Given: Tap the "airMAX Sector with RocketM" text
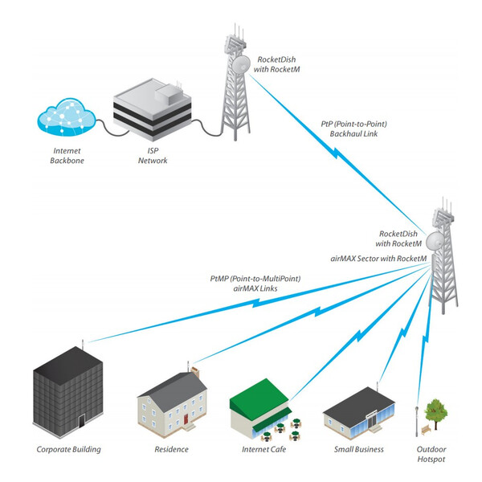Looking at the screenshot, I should click(377, 259).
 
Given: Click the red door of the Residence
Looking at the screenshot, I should click(184, 419).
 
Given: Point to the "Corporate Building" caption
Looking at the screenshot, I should click(69, 450).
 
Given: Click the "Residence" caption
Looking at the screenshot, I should click(171, 450).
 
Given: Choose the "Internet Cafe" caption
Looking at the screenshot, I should click(264, 450).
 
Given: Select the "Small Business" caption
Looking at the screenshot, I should click(358, 450).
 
